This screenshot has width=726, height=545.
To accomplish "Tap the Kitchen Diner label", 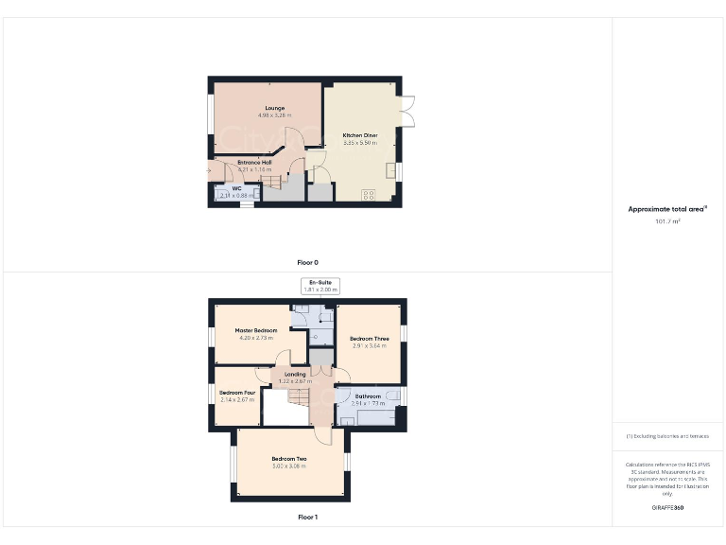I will point(359,135).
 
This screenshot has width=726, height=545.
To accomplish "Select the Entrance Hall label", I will point(254,162).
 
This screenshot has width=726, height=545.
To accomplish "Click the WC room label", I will point(236,188).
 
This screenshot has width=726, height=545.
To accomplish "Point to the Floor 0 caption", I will point(307,261).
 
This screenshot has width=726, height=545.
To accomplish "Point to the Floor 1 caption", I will point(307,518).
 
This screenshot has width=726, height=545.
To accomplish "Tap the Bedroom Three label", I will point(369,338).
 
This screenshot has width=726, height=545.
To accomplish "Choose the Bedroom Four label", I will point(237,393).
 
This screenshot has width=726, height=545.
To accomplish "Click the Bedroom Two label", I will point(289,459).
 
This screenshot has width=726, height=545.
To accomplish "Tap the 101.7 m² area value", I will point(667,221).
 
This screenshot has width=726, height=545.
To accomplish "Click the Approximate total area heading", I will point(667,209).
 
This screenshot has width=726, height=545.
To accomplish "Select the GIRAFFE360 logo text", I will point(667,509).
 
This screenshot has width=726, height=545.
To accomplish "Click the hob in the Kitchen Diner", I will point(369,195).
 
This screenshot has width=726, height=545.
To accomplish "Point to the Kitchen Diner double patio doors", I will point(406,111).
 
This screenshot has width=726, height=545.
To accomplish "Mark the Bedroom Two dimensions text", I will point(289,466).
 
